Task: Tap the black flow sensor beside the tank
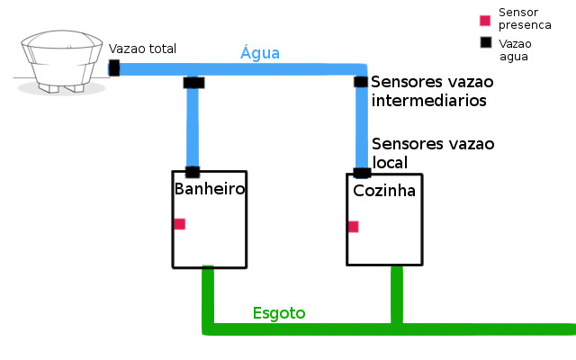coord(114,67)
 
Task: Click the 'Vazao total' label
coord(142,49)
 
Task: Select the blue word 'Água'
coord(260,53)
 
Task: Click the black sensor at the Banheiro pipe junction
coord(193,83)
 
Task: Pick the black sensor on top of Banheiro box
coord(192,171)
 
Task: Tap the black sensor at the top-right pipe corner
coord(361,82)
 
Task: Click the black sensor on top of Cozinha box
coord(362,173)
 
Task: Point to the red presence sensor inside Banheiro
coord(180,224)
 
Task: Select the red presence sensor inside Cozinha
coord(354,227)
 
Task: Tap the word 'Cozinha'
coord(383,193)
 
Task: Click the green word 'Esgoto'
coord(279,313)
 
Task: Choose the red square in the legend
coord(485,20)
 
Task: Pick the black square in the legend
coord(485,42)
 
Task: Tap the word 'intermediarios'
coord(428,101)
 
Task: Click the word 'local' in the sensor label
coord(390,162)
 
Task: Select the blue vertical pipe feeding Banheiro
coord(193,126)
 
